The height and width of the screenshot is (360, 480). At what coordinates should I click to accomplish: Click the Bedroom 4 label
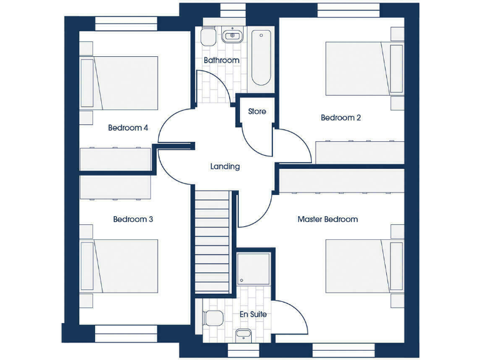coord(127,128)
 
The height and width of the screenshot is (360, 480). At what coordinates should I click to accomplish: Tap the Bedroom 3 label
coord(132,219)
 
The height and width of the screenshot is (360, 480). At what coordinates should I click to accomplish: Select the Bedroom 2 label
coord(341,117)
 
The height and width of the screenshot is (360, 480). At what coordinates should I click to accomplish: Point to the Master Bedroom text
coord(327,219)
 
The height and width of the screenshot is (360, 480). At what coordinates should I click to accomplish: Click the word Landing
coord(224,166)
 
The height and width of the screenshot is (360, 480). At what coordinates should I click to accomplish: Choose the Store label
coord(257,112)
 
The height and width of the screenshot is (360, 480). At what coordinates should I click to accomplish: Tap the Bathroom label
coord(221,61)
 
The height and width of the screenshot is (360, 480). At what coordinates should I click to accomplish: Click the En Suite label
coord(253,314)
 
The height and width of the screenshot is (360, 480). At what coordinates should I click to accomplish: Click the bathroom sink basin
coord(233,35)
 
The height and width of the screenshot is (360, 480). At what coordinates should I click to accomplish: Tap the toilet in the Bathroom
coord(208,38)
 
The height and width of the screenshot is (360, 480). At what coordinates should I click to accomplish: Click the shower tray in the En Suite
coord(253,269)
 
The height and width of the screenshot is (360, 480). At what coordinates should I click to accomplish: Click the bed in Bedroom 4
coord(119,82)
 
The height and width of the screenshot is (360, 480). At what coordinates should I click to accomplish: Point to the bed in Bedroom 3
coord(119,266)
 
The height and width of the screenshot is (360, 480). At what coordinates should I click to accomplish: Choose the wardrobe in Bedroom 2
coord(359,152)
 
